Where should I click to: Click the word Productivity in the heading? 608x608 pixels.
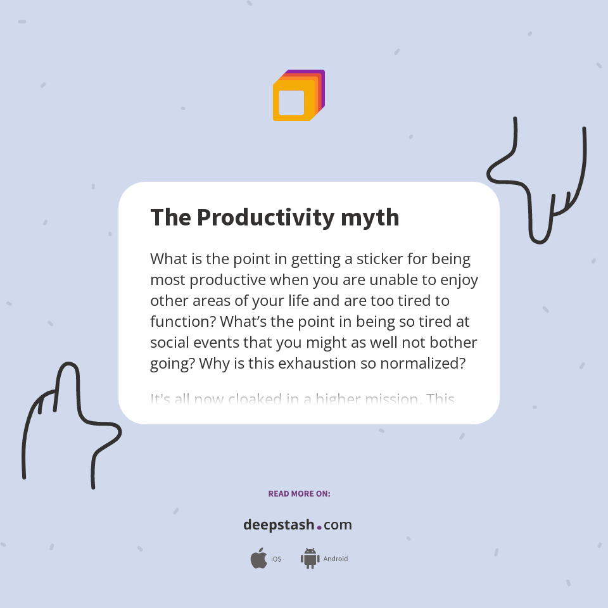coord(265,217)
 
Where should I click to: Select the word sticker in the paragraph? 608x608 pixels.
coord(380,259)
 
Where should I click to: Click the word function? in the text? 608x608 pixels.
coord(183,321)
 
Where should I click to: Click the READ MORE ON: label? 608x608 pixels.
coord(299,493)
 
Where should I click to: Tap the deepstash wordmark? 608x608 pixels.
coord(279,524)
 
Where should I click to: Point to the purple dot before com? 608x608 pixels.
coord(319,527)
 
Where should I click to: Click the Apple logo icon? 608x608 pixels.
coord(258,558)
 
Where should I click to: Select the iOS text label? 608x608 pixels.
coord(276,559)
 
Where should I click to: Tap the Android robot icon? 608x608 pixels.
coord(310,558)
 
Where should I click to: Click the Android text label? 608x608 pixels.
coord(335,559)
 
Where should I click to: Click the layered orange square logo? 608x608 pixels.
coord(298,96)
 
